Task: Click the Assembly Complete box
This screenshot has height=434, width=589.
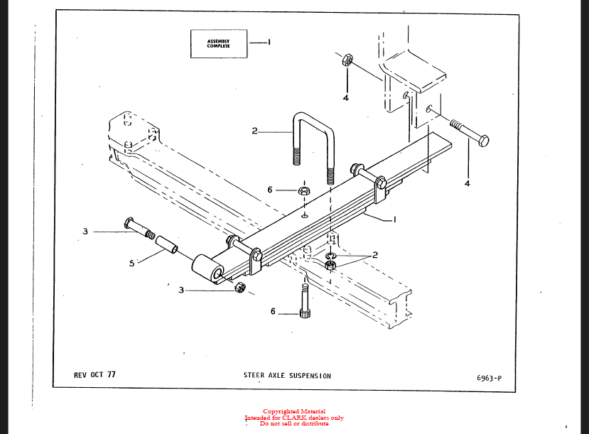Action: [219, 43]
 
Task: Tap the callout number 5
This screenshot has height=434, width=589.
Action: [131, 264]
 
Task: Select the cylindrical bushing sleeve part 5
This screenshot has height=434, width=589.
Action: [167, 244]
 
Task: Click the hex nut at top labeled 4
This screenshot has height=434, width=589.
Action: [347, 60]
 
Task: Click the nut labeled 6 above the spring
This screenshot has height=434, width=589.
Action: [304, 190]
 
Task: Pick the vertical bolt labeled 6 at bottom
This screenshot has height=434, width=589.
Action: [305, 300]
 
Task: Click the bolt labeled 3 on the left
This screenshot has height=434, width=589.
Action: [139, 229]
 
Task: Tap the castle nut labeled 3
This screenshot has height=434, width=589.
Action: [239, 288]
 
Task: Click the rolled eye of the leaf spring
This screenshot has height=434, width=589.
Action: [207, 268]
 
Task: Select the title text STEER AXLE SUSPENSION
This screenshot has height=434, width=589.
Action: [287, 376]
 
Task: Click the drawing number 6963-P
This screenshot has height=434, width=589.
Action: [489, 378]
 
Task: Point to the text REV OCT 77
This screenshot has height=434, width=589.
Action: [94, 374]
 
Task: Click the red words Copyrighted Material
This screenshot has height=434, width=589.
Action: [294, 411]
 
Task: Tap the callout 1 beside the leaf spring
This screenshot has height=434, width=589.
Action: [394, 219]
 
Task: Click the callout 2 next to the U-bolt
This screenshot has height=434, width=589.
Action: [254, 131]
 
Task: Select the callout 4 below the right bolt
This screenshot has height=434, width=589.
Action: [467, 183]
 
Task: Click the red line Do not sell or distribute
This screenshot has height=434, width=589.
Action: [294, 423]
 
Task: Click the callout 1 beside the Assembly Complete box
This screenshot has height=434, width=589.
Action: [269, 42]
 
